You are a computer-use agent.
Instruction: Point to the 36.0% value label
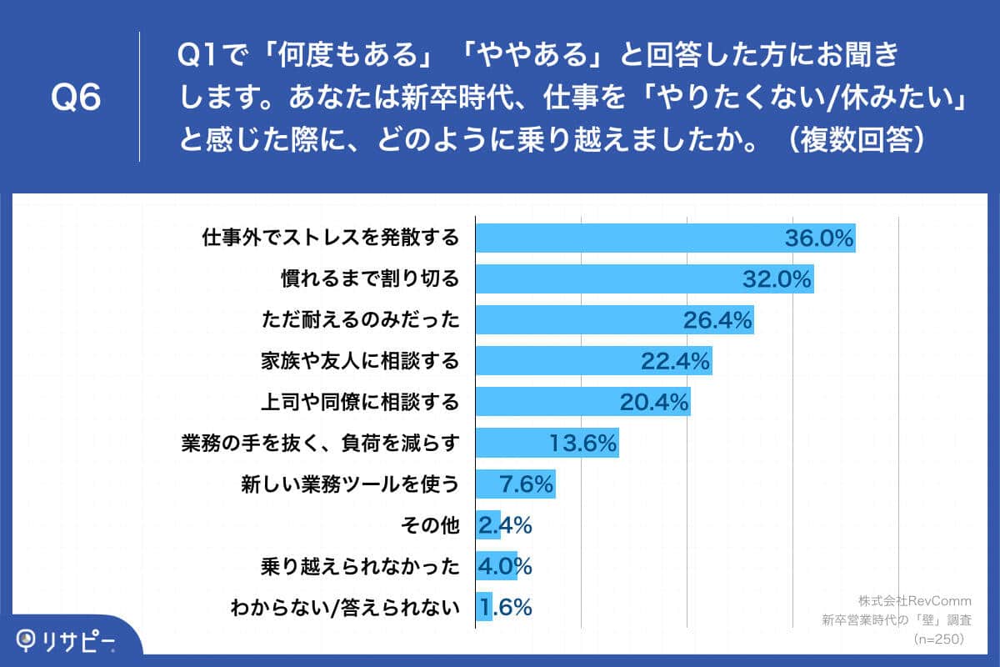819,238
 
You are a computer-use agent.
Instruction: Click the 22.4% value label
675,361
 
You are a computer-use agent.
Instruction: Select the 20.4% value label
654,403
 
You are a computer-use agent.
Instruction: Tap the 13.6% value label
583,443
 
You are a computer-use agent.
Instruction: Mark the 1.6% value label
504,607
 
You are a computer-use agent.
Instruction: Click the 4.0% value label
504,566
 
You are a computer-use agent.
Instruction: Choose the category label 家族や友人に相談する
359,361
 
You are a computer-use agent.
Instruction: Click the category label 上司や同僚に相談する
359,403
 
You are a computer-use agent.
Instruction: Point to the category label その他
431,525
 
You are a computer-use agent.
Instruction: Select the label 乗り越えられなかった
359,566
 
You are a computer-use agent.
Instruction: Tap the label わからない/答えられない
345,607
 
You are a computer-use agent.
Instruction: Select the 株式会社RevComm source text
914,600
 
